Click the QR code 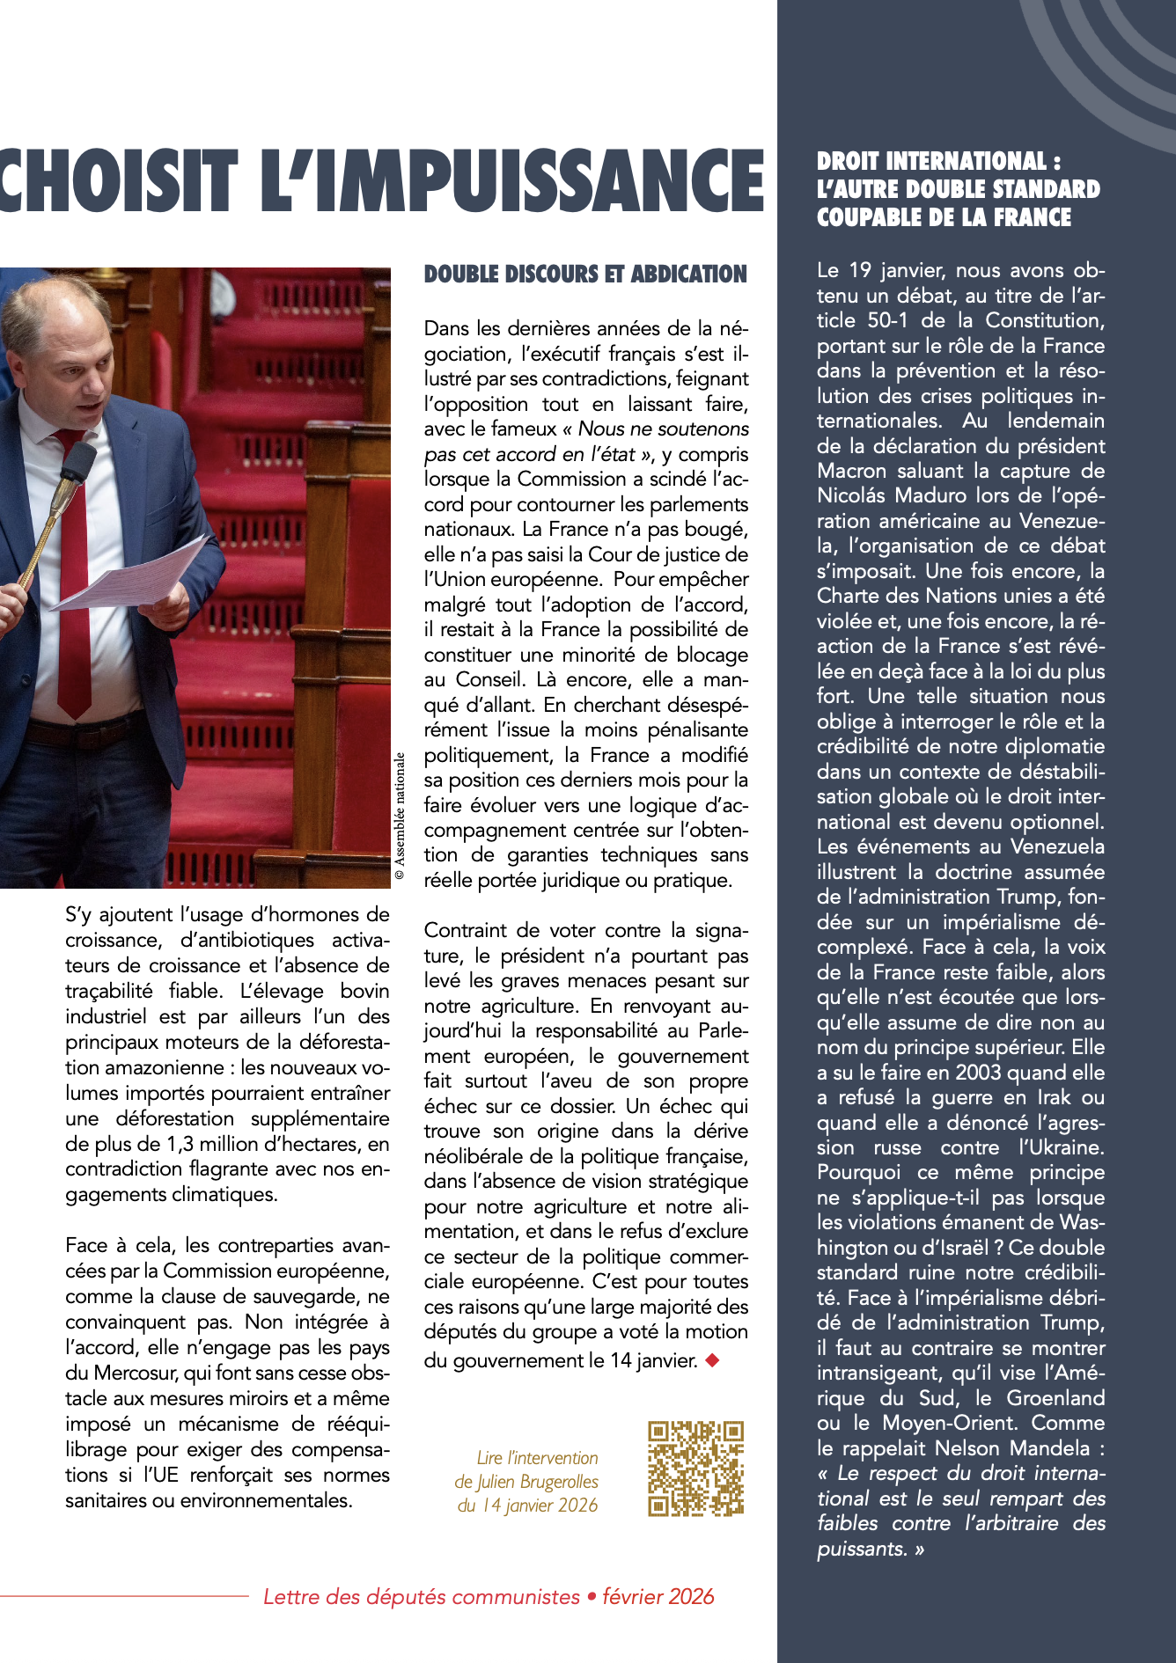click(x=695, y=1469)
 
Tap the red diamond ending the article click(x=713, y=1360)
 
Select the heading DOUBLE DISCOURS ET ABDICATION click(x=585, y=275)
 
